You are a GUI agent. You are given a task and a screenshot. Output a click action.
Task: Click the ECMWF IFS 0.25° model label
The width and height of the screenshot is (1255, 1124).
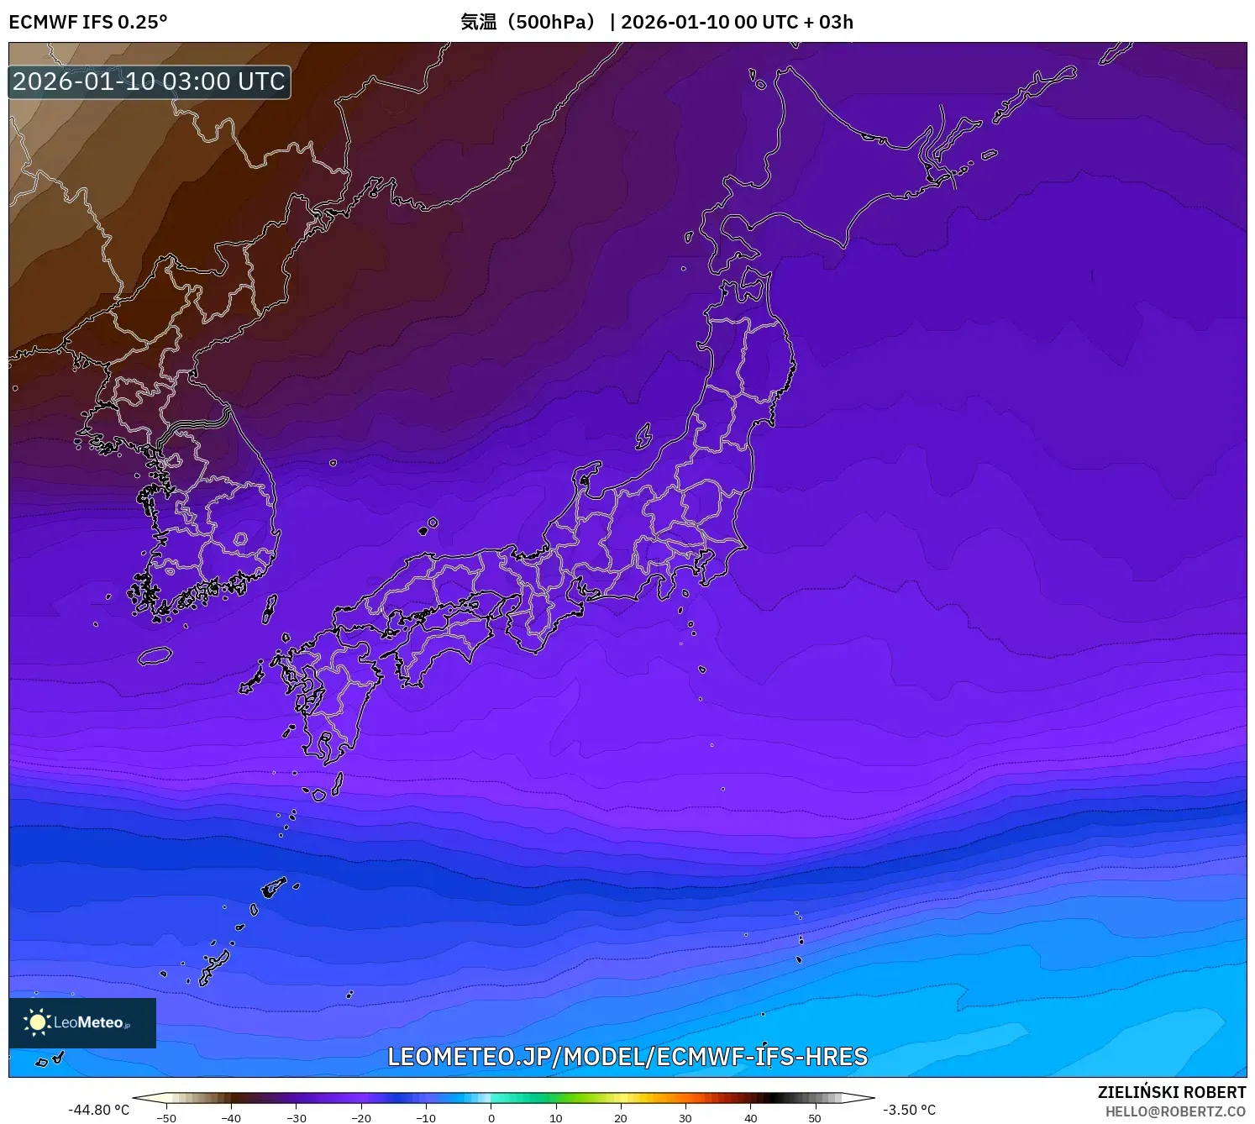[x=87, y=22]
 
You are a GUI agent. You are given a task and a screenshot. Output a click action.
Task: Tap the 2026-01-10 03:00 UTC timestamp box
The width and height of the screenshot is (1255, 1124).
[x=149, y=81]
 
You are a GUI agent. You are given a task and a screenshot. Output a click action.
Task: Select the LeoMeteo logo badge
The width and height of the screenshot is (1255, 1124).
[x=82, y=1022]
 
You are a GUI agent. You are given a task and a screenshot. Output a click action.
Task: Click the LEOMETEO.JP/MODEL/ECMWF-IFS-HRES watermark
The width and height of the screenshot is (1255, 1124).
[x=627, y=1057]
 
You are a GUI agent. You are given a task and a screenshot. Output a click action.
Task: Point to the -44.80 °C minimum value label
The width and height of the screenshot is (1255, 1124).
[x=98, y=1110]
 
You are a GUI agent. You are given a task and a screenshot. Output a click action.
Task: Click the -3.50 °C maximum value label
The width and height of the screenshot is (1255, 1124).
[x=909, y=1110]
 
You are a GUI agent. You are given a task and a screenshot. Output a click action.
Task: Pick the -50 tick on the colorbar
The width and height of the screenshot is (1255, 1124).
[x=166, y=1118]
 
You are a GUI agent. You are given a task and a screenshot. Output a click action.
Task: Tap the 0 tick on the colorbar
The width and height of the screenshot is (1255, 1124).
[x=491, y=1118]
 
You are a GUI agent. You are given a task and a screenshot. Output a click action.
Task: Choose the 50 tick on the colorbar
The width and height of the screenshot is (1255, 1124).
[x=815, y=1118]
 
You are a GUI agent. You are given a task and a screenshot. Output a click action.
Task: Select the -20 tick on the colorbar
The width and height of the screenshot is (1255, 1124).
[x=360, y=1118]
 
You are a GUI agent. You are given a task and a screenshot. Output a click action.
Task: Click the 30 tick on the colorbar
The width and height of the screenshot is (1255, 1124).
[x=685, y=1118]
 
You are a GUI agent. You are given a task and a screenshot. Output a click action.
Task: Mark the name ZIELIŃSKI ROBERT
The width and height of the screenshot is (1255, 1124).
[x=1171, y=1092]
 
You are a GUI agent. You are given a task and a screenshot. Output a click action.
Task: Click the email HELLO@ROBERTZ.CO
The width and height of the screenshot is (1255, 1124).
[x=1174, y=1111]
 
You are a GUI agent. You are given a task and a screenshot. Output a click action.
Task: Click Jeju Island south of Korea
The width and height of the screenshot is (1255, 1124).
[x=155, y=655]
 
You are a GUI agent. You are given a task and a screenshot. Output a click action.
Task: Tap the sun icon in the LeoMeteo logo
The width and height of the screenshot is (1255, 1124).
[x=37, y=1022]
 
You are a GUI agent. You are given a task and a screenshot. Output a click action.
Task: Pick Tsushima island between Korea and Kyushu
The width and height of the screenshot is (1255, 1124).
[x=270, y=608]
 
